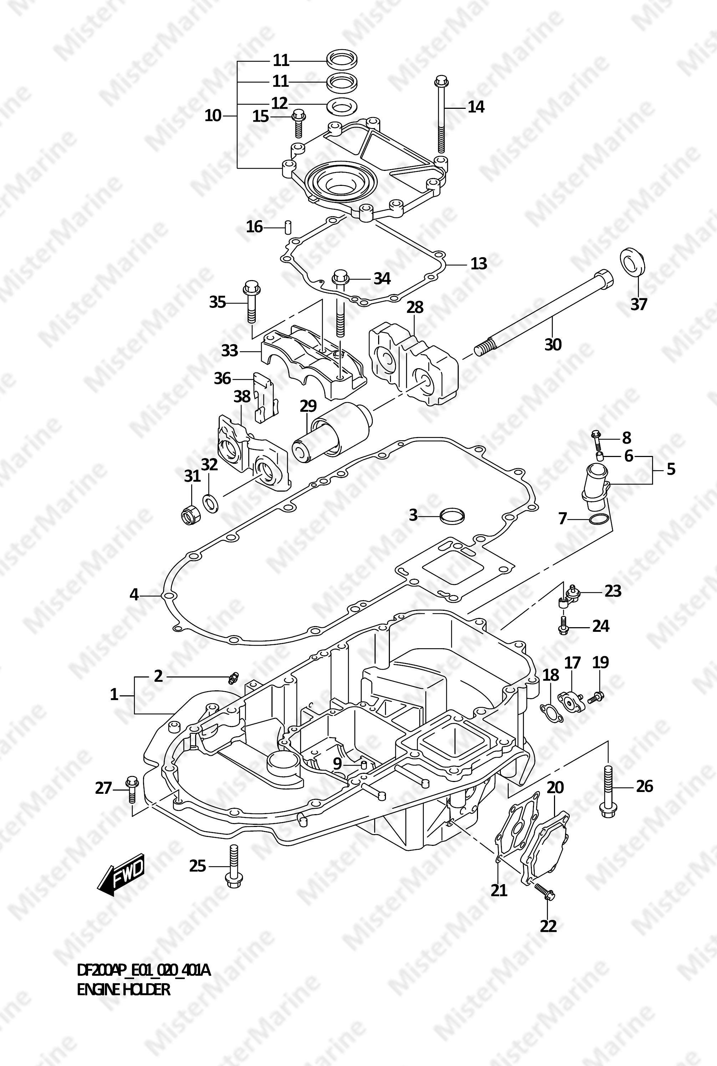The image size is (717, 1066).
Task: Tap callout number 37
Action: [x=639, y=304]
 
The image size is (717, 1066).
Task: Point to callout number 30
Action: [x=553, y=344]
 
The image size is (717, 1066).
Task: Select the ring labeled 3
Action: [x=452, y=516]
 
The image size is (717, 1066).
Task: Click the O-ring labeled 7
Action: [x=598, y=519]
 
